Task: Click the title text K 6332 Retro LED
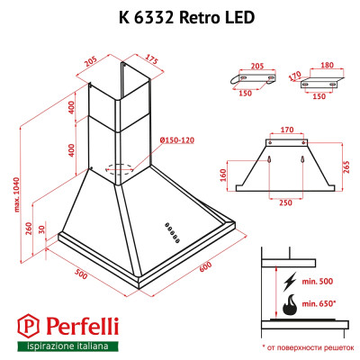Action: click(x=180, y=16)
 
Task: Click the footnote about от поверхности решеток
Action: click(x=305, y=346)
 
